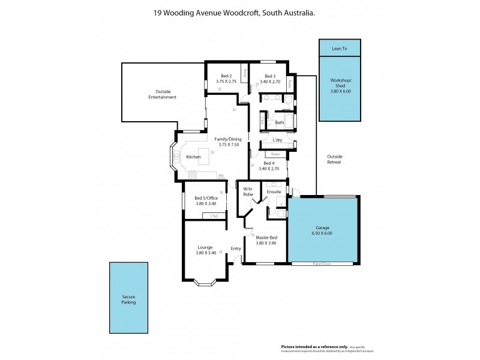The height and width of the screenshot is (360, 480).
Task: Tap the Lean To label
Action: pyautogui.click(x=340, y=48)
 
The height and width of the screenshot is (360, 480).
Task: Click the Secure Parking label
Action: pyautogui.click(x=128, y=299)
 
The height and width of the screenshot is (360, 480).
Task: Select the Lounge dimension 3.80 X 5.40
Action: pyautogui.click(x=205, y=252)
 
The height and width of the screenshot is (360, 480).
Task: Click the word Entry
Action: pyautogui.click(x=236, y=248)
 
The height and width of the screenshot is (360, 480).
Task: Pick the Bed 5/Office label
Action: pyautogui.click(x=205, y=199)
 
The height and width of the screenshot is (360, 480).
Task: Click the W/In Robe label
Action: pyautogui.click(x=247, y=193)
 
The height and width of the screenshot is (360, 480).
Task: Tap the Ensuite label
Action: pyautogui.click(x=274, y=191)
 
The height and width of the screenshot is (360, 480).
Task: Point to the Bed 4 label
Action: pyautogui.click(x=269, y=164)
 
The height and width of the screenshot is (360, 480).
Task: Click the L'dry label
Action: pyautogui.click(x=277, y=140)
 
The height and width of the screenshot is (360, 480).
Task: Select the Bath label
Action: pyautogui.click(x=279, y=123)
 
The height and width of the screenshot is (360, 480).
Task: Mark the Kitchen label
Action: pyautogui.click(x=193, y=157)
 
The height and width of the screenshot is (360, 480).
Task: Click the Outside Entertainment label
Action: pyautogui.click(x=163, y=94)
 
